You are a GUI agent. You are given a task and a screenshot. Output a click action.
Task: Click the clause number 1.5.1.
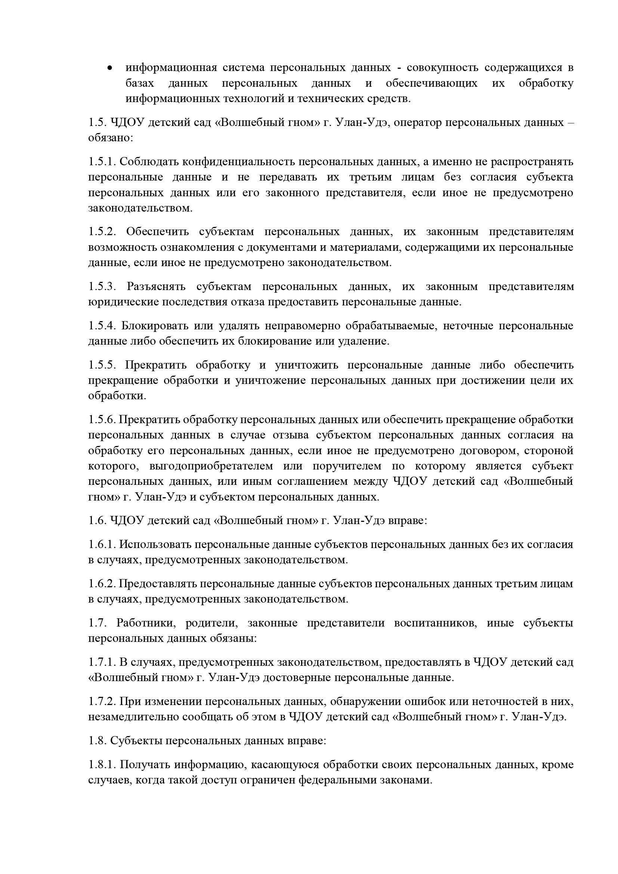tap(102, 161)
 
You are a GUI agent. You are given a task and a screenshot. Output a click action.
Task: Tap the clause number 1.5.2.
tap(102, 231)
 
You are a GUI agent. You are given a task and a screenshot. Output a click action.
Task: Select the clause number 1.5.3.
tap(102, 286)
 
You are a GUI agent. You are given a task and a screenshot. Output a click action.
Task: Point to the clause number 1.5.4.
tap(102, 326)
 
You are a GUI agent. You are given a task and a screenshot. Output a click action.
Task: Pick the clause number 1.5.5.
tap(102, 365)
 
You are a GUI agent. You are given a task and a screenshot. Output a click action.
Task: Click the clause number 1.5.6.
tap(102, 419)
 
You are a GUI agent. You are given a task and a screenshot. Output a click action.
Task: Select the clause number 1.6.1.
tap(102, 544)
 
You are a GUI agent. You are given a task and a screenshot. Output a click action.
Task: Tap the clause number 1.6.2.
tap(102, 584)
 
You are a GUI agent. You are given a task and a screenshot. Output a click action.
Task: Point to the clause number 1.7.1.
tap(102, 662)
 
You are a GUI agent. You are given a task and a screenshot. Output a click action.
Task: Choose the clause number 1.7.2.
tap(102, 701)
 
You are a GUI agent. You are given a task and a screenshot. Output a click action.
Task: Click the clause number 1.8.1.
tap(102, 764)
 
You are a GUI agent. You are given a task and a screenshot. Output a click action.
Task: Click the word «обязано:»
tap(110, 138)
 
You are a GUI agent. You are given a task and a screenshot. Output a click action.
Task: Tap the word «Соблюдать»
tap(148, 161)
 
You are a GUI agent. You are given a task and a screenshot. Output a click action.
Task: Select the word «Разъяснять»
tap(156, 286)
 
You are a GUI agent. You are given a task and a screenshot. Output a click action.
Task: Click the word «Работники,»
tap(145, 623)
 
